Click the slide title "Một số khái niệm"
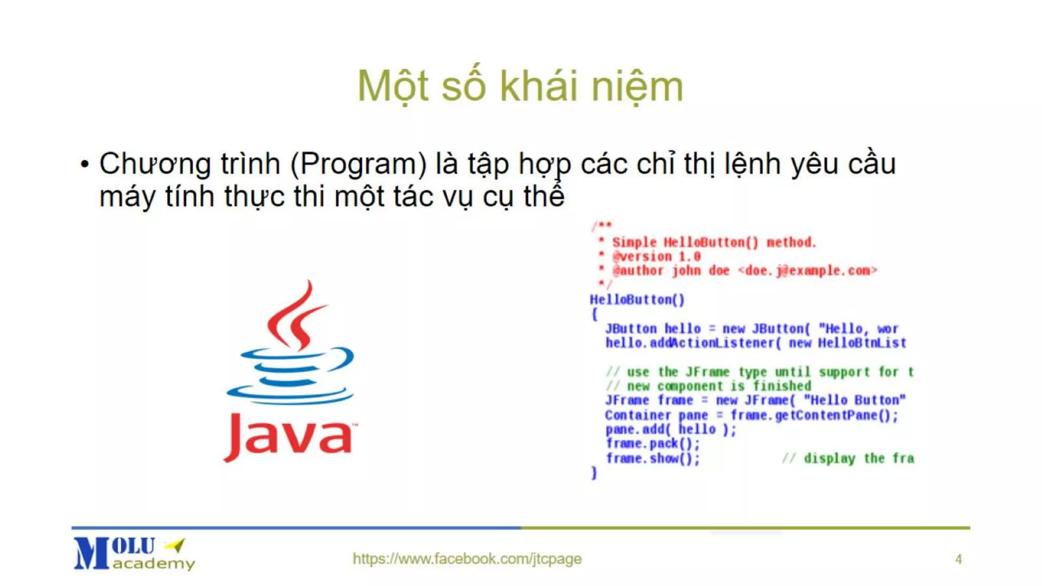pyautogui.click(x=520, y=86)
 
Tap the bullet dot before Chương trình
pyautogui.click(x=84, y=164)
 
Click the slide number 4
pyautogui.click(x=958, y=559)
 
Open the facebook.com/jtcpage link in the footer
pyautogui.click(x=467, y=559)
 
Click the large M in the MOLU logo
pyautogui.click(x=92, y=553)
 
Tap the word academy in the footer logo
pyautogui.click(x=154, y=564)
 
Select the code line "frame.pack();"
pyautogui.click(x=653, y=444)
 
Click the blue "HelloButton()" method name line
pyautogui.click(x=637, y=300)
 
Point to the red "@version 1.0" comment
pyautogui.click(x=656, y=256)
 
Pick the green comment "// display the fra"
pyautogui.click(x=848, y=458)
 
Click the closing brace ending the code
pyautogui.click(x=594, y=473)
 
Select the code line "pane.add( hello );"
pyautogui.click(x=671, y=429)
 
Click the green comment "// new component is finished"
pyautogui.click(x=708, y=386)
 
